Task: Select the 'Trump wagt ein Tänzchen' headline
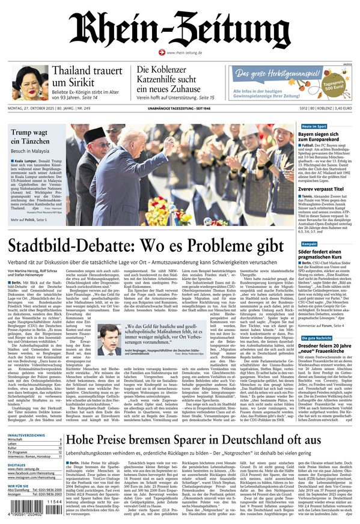(x=37, y=137)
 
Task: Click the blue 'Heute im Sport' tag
(x=314, y=127)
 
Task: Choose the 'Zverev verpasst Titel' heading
(x=322, y=189)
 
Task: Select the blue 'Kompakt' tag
(x=310, y=244)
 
